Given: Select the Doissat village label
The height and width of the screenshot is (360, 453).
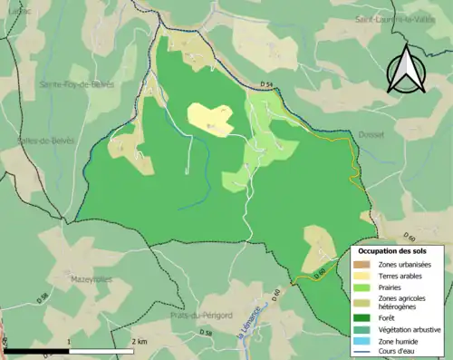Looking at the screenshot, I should pos(371,134).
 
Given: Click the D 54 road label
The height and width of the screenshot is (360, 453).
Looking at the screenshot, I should pos(265,85).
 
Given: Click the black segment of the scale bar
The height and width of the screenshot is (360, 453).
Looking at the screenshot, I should pos(36,349).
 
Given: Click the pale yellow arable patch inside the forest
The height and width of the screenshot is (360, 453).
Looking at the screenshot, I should pos(211,119).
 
